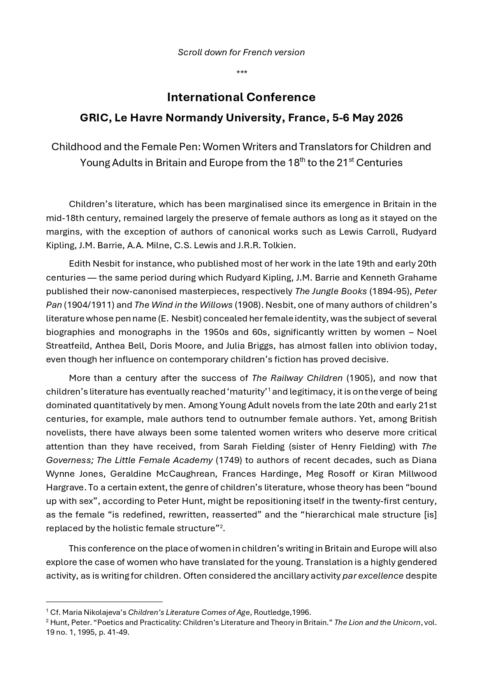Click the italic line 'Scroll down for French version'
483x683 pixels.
[x=241, y=52]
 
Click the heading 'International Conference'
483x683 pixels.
[x=241, y=97]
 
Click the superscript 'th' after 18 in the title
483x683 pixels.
[x=302, y=159]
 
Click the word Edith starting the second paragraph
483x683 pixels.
[x=79, y=263]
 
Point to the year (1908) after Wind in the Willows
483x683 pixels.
[x=247, y=305]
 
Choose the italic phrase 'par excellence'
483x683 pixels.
[x=372, y=576]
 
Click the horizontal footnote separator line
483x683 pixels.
[x=104, y=602]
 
